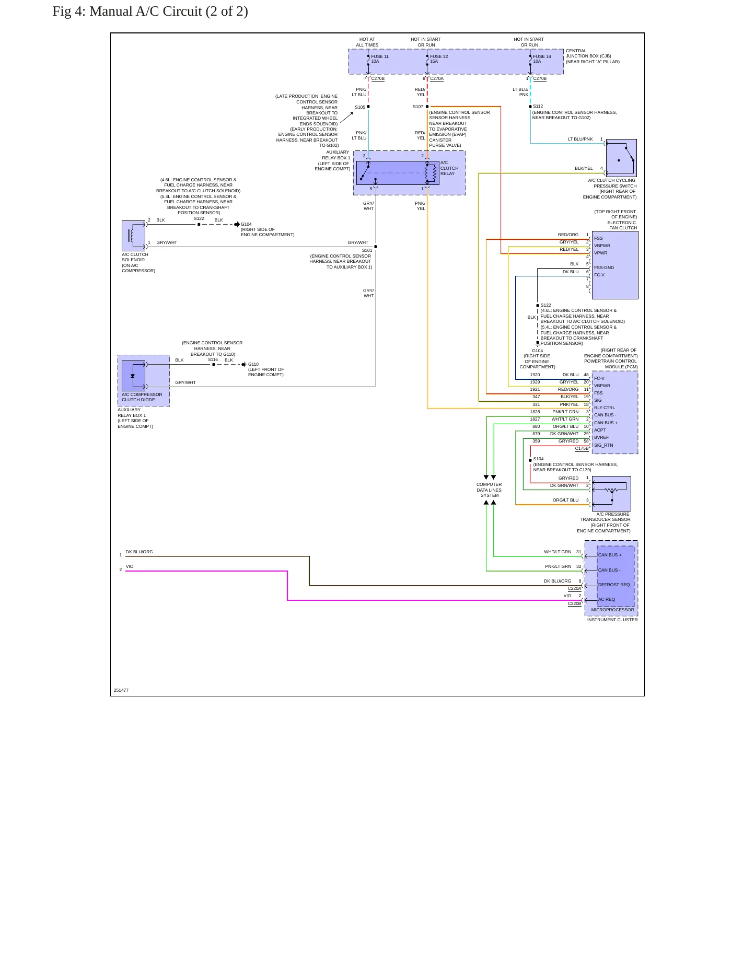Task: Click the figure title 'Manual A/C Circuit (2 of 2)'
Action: pyautogui.click(x=169, y=11)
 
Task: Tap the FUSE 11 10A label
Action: pyautogui.click(x=380, y=59)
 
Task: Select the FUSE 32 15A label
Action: pyautogui.click(x=439, y=59)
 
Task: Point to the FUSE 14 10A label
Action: pyautogui.click(x=542, y=59)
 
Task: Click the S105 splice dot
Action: pyautogui.click(x=368, y=107)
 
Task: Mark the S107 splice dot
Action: pyautogui.click(x=427, y=107)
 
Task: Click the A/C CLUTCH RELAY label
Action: pyautogui.click(x=449, y=168)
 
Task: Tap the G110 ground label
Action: pyautogui.click(x=253, y=364)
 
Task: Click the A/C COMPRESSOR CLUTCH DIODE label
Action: pyautogui.click(x=142, y=397)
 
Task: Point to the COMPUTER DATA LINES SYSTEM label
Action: pyautogui.click(x=489, y=490)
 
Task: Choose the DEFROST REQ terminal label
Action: pyautogui.click(x=614, y=585)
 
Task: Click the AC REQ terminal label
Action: pyautogui.click(x=607, y=599)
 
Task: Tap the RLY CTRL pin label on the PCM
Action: pyautogui.click(x=605, y=408)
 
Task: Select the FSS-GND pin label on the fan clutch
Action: pyautogui.click(x=604, y=267)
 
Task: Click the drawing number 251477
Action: pyautogui.click(x=121, y=690)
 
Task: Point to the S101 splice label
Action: pyautogui.click(x=367, y=250)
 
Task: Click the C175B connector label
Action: pyautogui.click(x=582, y=448)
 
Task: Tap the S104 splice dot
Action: pyautogui.click(x=530, y=460)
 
